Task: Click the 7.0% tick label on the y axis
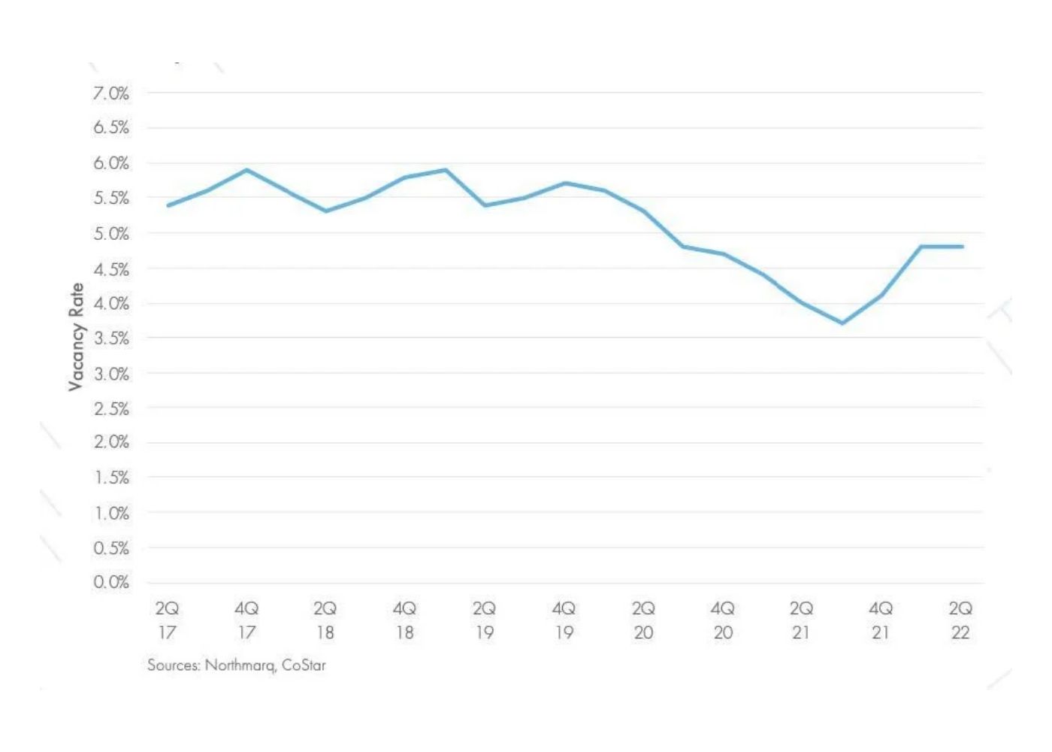click(x=111, y=93)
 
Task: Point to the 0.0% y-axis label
click(x=111, y=582)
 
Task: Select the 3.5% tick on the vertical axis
click(x=111, y=338)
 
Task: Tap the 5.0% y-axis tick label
click(x=111, y=234)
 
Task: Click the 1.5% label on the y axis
click(x=111, y=478)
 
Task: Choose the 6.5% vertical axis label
click(x=111, y=128)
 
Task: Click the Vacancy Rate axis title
click(x=76, y=336)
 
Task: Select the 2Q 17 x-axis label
click(x=167, y=620)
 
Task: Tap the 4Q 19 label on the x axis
click(x=564, y=620)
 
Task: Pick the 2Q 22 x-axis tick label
click(x=960, y=620)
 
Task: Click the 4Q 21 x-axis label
click(x=881, y=620)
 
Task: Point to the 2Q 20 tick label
click(x=643, y=620)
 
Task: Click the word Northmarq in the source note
click(x=240, y=666)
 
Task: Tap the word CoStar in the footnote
click(x=304, y=666)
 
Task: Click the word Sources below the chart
click(x=174, y=666)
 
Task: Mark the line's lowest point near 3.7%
click(x=842, y=323)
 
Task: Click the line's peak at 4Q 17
click(x=246, y=170)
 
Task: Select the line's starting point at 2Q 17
click(x=168, y=205)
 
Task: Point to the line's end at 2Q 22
click(x=962, y=247)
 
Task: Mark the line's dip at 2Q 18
click(x=325, y=211)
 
